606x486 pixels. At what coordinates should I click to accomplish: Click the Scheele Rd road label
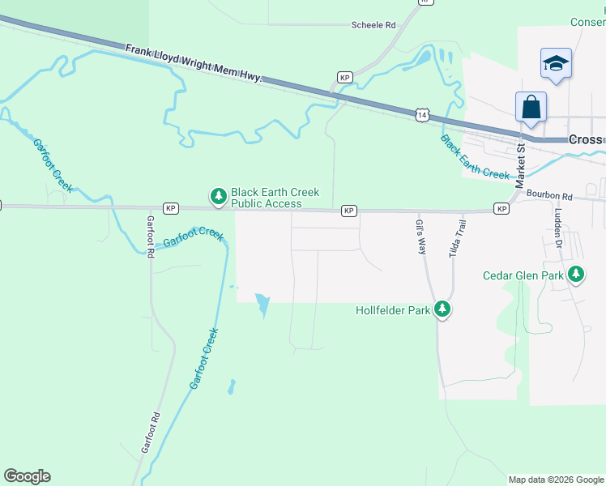tap(373, 25)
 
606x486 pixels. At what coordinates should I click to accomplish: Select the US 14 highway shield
tap(421, 116)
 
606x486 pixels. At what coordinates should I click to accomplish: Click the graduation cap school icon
tap(556, 63)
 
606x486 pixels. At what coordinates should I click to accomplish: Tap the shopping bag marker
tap(531, 107)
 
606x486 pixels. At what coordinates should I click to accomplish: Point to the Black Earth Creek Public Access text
tap(275, 198)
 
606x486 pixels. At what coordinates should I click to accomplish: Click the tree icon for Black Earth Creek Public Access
tap(218, 196)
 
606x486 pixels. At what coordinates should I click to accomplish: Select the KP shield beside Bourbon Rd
tap(502, 209)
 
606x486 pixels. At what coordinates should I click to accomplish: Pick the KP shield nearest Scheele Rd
tap(344, 78)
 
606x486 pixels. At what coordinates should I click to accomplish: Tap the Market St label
tap(521, 163)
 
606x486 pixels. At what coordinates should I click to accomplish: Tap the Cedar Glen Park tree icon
tap(576, 275)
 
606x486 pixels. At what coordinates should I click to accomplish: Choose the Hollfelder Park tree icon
tap(442, 309)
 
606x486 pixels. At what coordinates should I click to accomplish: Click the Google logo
tap(27, 476)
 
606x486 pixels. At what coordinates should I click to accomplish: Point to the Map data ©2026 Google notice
tap(556, 480)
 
